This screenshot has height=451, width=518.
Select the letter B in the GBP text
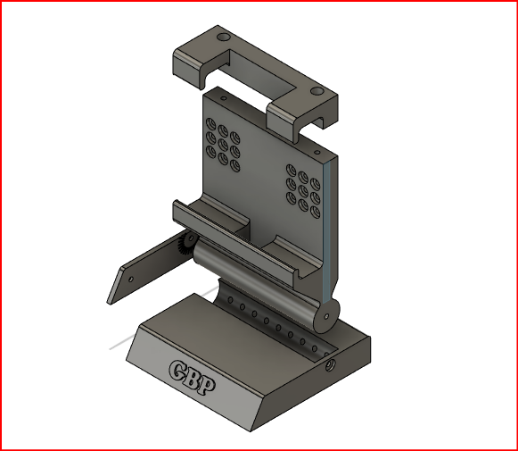coord(194,378)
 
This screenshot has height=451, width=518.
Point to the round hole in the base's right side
coord(330,365)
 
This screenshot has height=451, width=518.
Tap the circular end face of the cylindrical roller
coord(326,317)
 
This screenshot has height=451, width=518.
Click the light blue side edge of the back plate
coord(331,223)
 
